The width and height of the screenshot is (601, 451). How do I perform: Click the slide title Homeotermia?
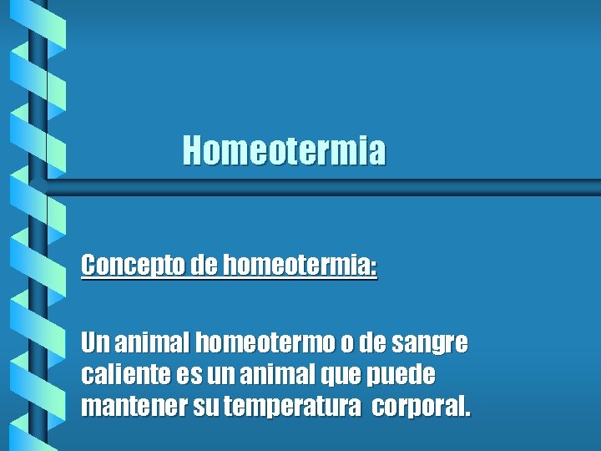click(285, 151)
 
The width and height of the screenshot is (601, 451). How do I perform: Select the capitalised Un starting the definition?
click(94, 342)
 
